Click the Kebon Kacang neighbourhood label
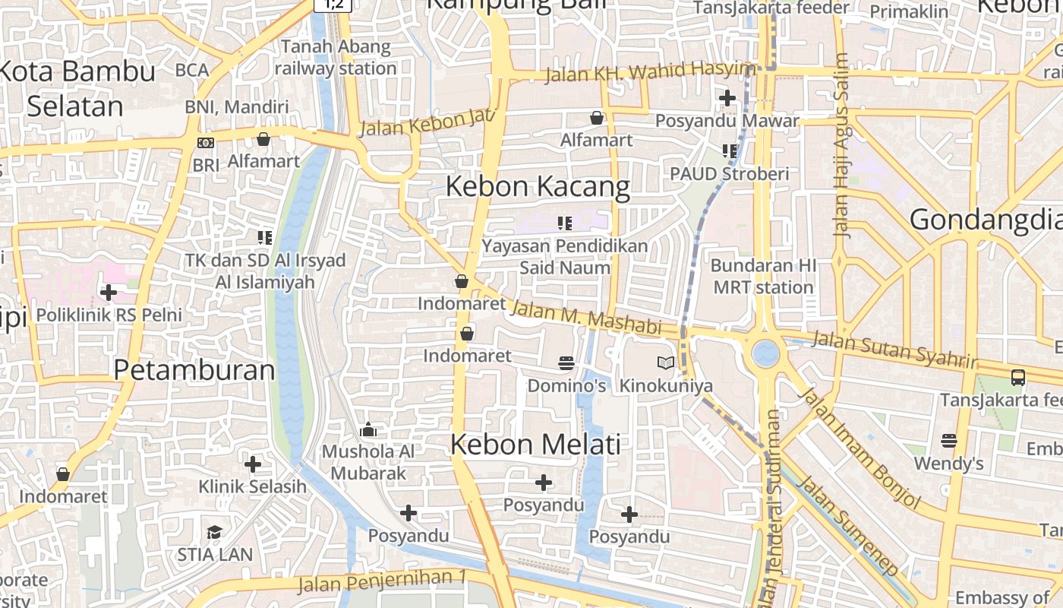pos(538,186)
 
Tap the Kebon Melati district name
pos(535,445)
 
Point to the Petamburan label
pos(194,370)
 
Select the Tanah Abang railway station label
pos(336,58)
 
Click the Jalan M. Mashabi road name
pos(585,317)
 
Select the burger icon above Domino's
pos(566,363)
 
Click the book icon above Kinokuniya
pos(666,363)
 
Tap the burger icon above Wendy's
pos(948,440)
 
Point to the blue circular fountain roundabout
pos(765,353)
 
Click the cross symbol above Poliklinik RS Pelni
pos(109,292)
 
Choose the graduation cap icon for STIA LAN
pos(215,532)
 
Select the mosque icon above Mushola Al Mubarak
pos(368,430)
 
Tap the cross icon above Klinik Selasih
pos(253,464)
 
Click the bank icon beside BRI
pos(205,143)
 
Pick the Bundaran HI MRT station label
pos(763,277)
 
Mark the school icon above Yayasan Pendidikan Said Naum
pos(565,223)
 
